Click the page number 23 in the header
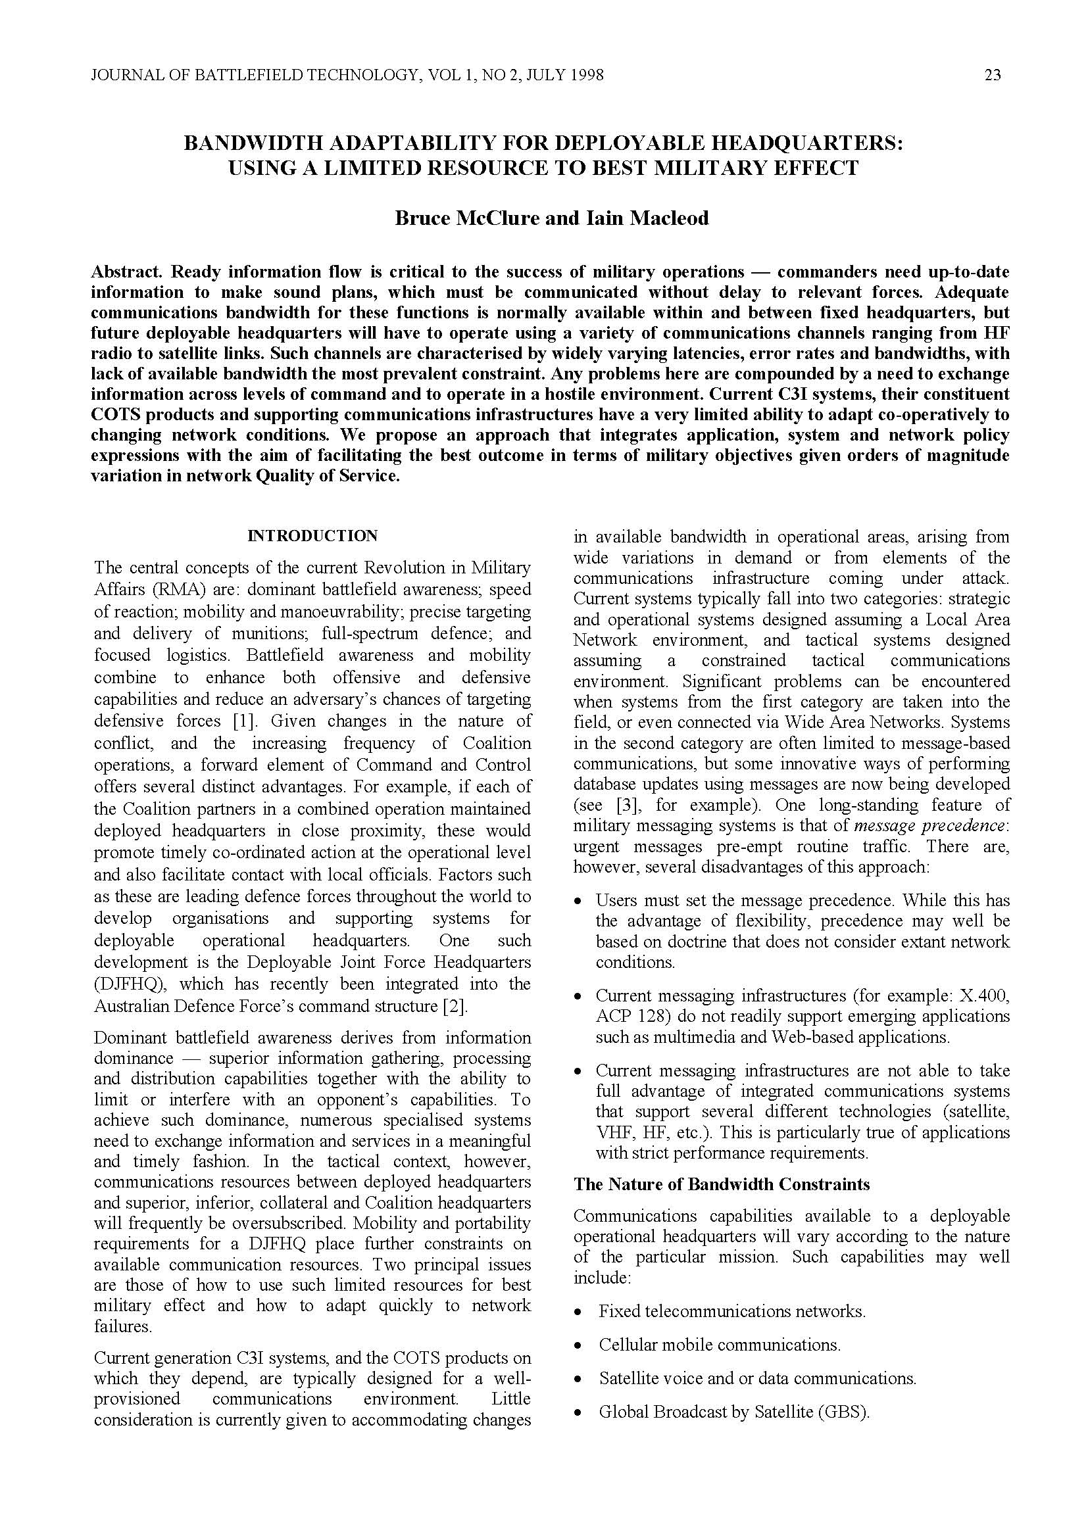pos(993,75)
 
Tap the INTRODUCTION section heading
pos(312,536)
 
